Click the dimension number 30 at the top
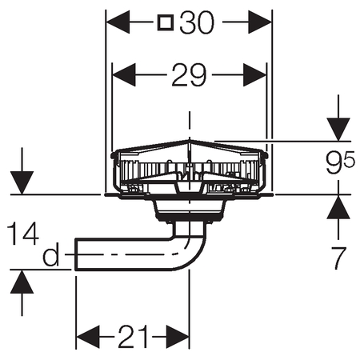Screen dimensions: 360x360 [x=197, y=22]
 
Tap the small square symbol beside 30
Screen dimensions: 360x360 [x=166, y=22]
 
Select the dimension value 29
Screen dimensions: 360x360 [x=189, y=75]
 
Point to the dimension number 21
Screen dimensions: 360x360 [x=133, y=337]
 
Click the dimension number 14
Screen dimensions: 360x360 [x=22, y=234]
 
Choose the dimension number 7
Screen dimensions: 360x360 [x=338, y=258]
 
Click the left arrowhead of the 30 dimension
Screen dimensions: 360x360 [x=118, y=22]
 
